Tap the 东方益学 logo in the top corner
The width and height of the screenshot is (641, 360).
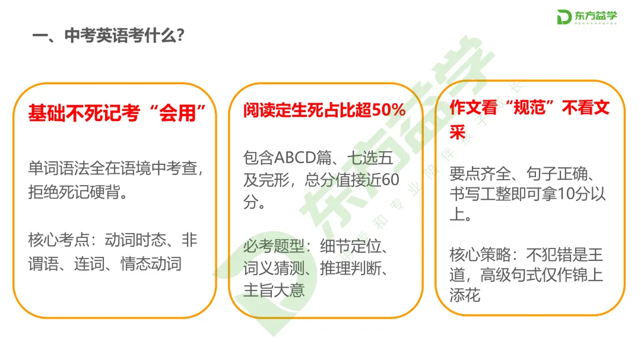[x=587, y=18]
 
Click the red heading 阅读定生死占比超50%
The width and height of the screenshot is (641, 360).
[x=325, y=110]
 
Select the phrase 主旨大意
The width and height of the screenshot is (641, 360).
[x=274, y=291]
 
